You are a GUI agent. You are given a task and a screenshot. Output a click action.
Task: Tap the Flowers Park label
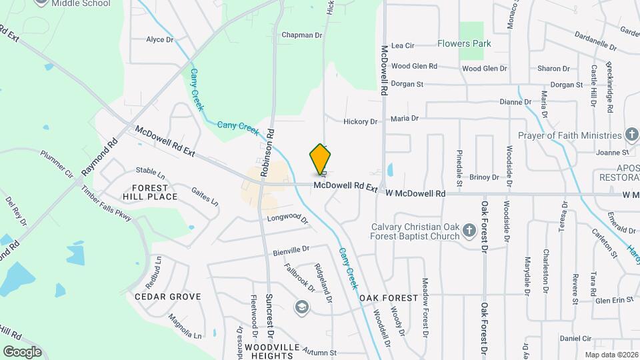(464, 44)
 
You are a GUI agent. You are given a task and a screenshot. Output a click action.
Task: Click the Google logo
(22, 351)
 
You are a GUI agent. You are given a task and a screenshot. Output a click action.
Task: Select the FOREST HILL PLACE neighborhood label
(150, 192)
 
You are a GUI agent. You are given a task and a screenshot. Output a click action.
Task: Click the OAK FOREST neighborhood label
(389, 297)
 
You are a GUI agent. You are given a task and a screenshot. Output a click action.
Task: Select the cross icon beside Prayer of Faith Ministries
(631, 135)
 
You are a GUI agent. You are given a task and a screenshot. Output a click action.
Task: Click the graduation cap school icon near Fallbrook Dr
(301, 306)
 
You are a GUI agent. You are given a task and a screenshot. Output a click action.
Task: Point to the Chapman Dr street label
(301, 35)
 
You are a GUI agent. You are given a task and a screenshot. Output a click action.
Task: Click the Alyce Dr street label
(159, 40)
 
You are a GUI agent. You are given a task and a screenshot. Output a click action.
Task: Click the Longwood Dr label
(288, 219)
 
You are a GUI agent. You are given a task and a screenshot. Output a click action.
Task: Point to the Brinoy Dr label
(484, 177)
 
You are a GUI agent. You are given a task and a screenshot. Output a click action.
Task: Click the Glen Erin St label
(613, 301)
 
